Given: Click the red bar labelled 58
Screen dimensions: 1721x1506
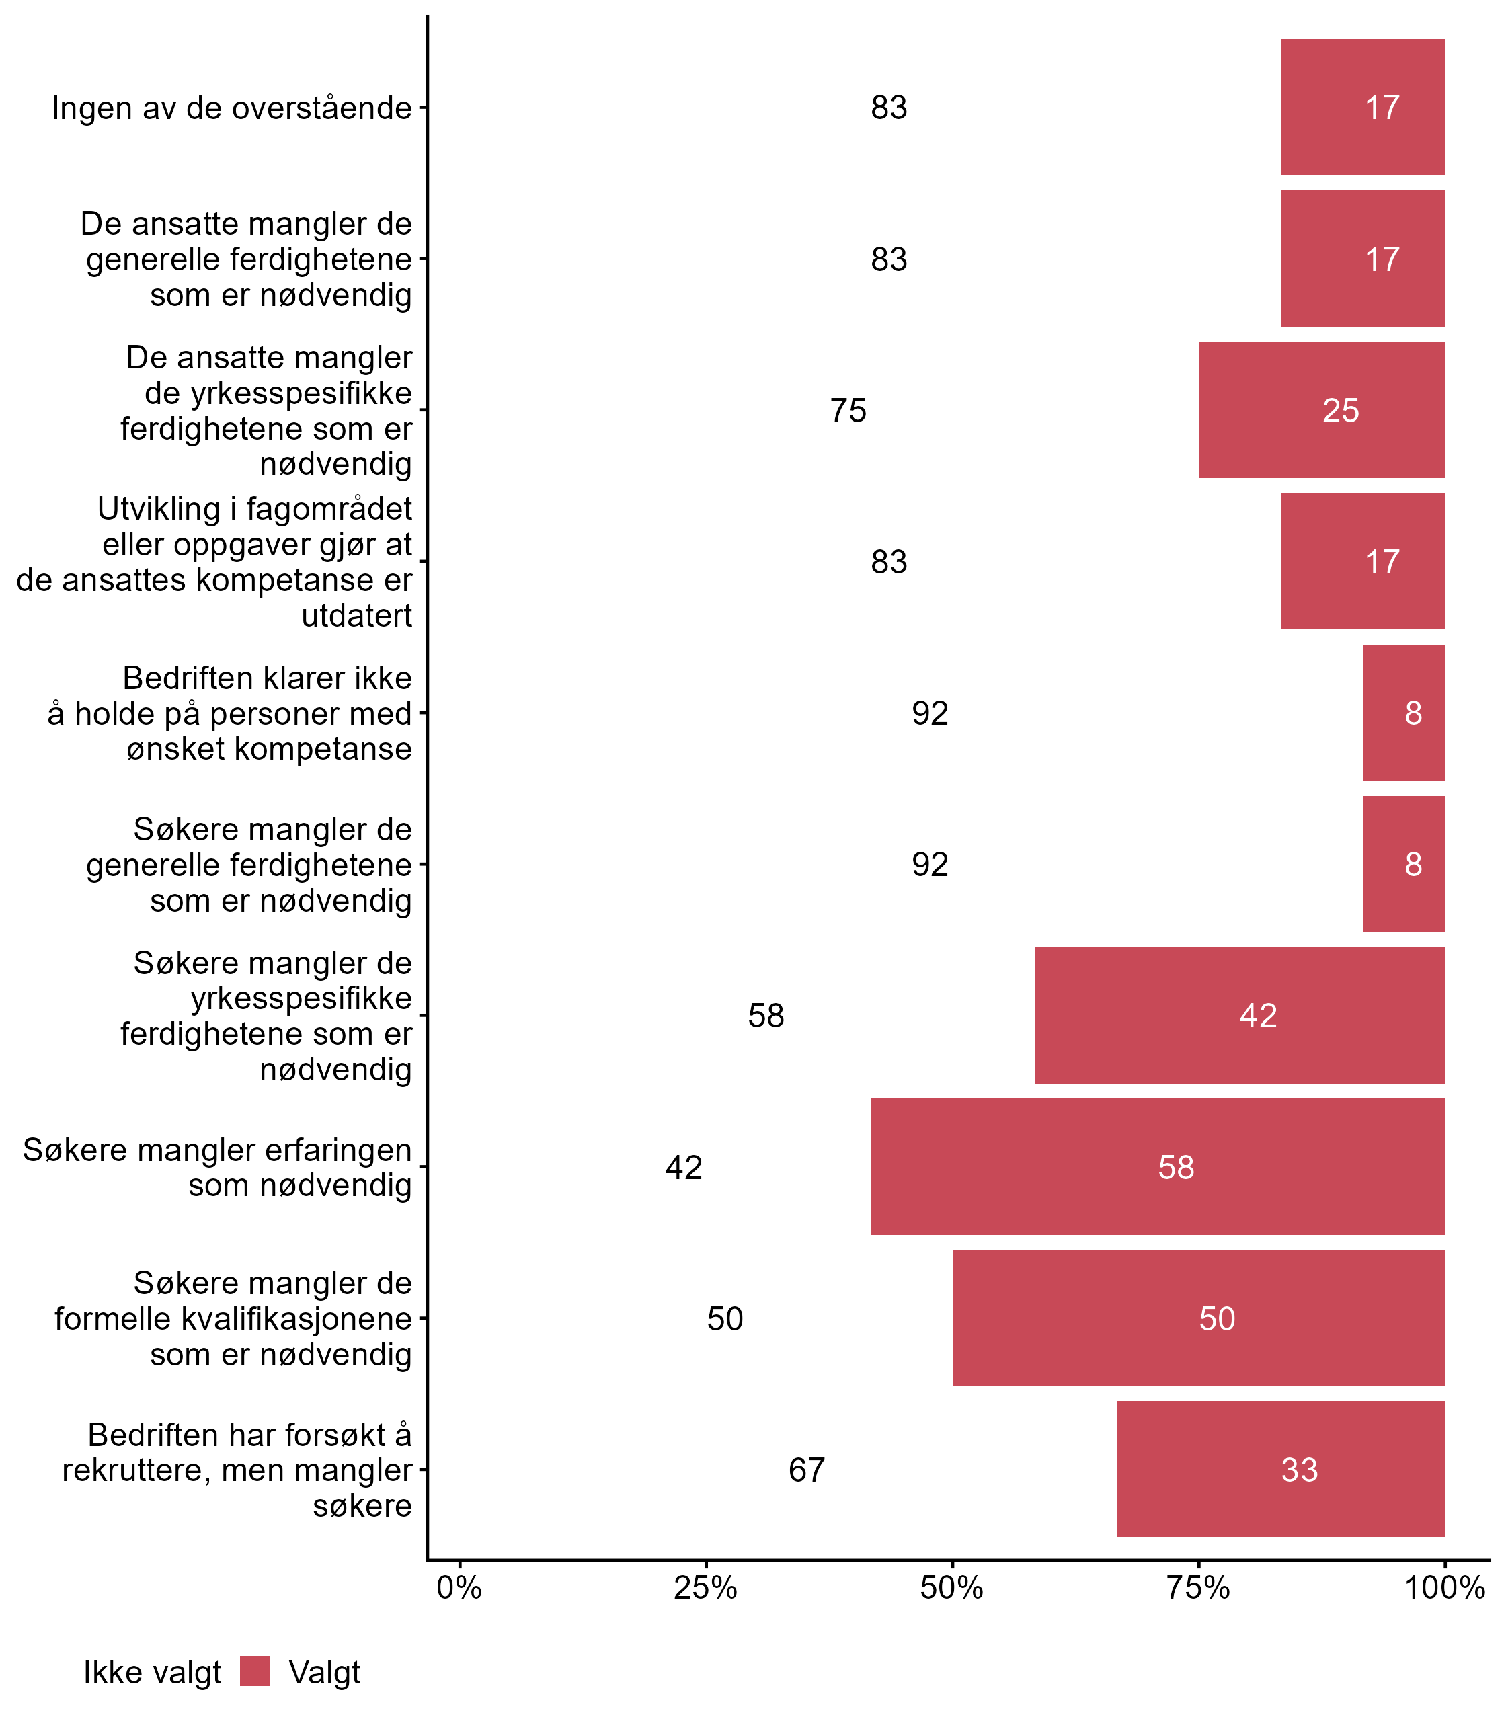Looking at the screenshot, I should [1157, 1166].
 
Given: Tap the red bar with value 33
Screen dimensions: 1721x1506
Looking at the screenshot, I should [1281, 1469].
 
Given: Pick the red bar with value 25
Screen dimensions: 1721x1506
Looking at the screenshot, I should [1321, 410].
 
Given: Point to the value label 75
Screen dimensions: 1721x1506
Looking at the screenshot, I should [848, 411].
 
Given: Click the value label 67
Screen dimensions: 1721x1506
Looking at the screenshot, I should [807, 1470].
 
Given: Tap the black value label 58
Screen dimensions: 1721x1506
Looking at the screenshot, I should [766, 1016].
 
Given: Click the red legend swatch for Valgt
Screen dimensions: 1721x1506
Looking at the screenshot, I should [255, 1671].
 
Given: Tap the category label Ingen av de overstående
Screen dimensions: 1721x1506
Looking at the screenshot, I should [232, 108].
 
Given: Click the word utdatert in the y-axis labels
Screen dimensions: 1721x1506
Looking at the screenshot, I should [356, 615].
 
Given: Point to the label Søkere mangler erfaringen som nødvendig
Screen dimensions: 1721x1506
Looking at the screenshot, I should [216, 1167].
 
